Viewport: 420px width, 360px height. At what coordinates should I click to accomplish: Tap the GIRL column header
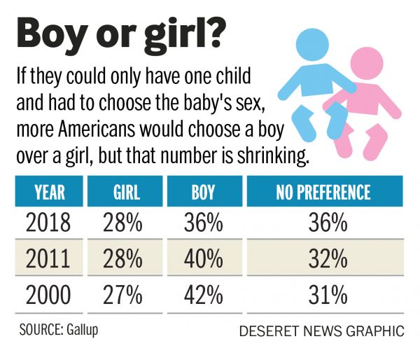coord(125,192)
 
